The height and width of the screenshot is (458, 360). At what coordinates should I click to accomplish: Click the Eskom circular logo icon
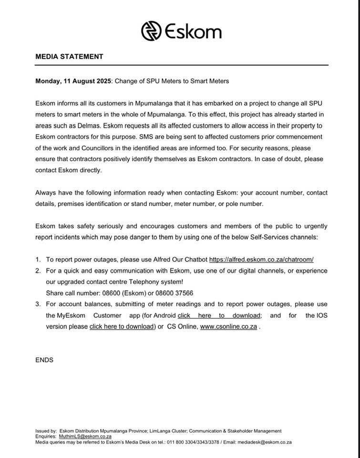151,31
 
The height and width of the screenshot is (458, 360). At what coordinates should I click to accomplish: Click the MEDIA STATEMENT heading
69,56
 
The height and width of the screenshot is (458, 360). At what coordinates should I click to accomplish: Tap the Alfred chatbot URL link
261,260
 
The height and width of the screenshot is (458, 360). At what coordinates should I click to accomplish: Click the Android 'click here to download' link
219,315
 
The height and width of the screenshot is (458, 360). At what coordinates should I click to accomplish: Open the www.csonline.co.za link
228,327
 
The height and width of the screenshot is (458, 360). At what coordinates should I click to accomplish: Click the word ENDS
44,360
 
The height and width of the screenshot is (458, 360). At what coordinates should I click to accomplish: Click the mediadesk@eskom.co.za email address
265,442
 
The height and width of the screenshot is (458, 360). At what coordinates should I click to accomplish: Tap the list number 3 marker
38,304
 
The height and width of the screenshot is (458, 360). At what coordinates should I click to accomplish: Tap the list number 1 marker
38,260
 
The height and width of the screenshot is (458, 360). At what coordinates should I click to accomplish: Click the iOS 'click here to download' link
122,327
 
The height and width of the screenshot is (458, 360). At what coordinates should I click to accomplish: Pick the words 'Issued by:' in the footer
46,431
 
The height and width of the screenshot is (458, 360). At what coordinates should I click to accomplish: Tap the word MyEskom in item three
71,315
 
